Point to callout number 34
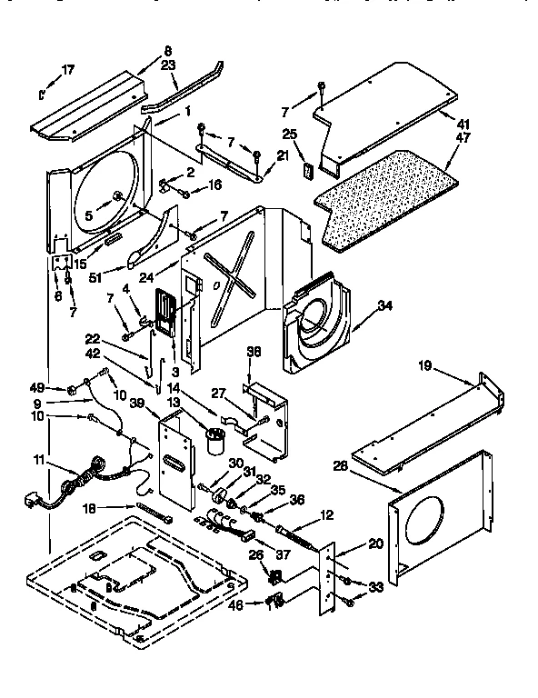pos(385,305)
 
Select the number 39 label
pos(137,404)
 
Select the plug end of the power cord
pos(29,501)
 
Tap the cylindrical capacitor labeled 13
pos(214,443)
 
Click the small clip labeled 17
pos(43,92)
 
